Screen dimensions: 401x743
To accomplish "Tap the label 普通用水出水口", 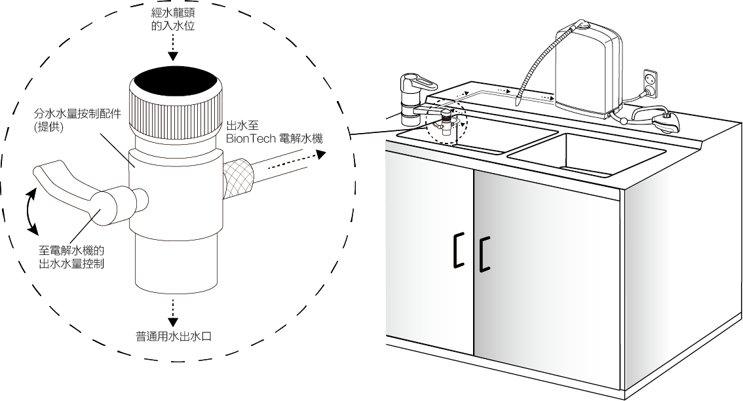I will pos(174,337).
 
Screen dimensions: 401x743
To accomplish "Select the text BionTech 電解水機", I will pos(275,138).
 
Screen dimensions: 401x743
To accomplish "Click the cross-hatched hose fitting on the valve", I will pos(235,178).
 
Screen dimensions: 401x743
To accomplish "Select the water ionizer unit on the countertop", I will pos(586,69).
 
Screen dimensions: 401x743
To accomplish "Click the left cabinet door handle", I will pos(457,250).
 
